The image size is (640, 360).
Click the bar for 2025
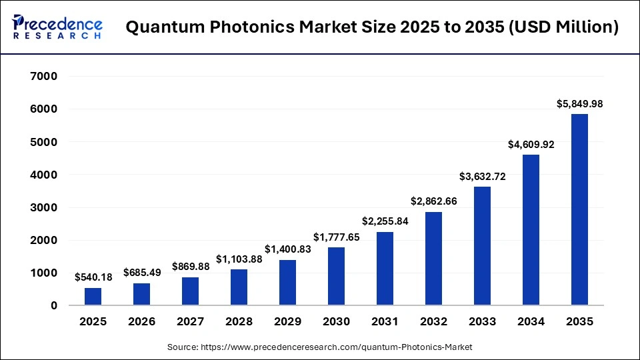[x=93, y=297]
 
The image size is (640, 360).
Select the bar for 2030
[x=337, y=277]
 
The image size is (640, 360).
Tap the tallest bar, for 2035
[x=579, y=210]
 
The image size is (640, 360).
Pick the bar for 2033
[x=482, y=246]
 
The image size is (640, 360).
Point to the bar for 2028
[x=239, y=287]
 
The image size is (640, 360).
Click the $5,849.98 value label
[x=579, y=104]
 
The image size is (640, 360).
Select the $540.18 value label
[x=93, y=277]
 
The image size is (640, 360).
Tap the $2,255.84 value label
[x=385, y=221]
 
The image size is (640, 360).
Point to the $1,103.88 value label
[x=239, y=259]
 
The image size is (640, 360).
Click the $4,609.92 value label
[x=531, y=144]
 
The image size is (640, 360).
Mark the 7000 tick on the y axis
[x=44, y=77]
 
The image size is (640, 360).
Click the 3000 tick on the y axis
[x=44, y=208]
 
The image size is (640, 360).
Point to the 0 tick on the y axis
[x=53, y=306]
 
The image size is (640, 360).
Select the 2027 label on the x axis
[x=191, y=322]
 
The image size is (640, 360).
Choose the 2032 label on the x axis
[x=434, y=322]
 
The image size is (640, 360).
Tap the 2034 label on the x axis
[x=531, y=322]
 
